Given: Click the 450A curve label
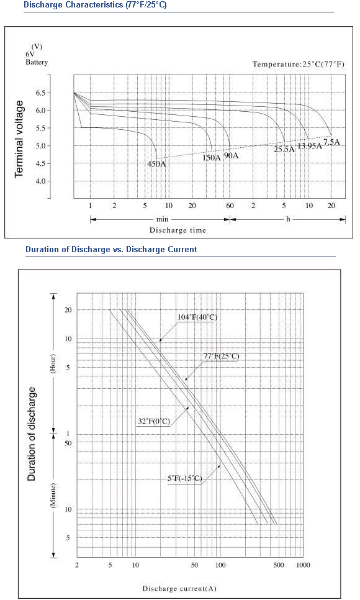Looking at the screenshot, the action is pos(157,164).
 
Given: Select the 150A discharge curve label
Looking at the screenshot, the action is pos(212,157).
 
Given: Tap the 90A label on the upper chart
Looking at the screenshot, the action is pos(231,156).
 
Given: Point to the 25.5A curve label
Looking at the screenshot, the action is pos(284,150).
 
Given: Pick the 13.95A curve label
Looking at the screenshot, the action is pos(310,146).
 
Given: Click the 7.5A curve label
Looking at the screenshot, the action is pos(331,142).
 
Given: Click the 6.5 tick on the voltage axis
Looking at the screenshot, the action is pos(40,93).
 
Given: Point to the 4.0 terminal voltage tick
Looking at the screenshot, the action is pos(40,181).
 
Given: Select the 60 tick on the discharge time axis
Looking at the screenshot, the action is pos(230,206).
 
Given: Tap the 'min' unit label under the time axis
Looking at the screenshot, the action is pos(162,219).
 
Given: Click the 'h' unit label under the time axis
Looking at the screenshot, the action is pos(288,219).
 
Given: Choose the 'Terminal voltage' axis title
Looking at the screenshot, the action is pos(19,139).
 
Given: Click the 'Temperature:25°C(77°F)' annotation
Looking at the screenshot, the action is pos(299,65).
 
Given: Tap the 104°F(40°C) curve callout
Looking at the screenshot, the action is pos(197,317).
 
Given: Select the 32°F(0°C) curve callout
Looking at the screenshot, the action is pos(154,422).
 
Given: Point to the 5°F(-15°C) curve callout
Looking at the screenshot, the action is pos(185,478).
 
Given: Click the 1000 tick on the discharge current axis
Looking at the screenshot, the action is pos(303,565).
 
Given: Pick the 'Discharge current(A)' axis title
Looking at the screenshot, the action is pos(179,589).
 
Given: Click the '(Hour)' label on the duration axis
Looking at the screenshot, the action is pos(53,363).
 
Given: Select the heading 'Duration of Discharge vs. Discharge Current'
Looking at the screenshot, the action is pos(111,250).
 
